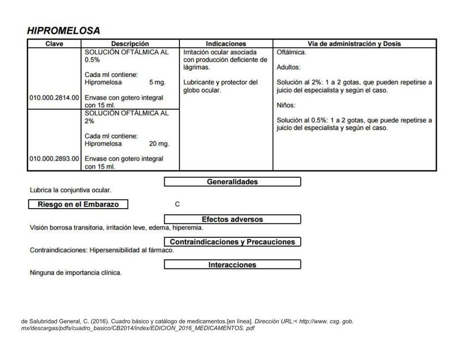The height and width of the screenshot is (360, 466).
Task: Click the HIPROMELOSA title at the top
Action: tap(64, 31)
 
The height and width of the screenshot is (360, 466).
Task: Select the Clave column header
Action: tap(55, 44)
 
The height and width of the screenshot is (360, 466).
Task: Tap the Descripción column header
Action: tap(130, 44)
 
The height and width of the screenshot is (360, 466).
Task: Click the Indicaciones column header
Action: tap(226, 44)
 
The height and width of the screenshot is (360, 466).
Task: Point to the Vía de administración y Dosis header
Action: tap(354, 44)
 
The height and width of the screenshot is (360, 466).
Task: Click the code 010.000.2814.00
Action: tap(55, 98)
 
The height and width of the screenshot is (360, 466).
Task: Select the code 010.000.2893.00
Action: tap(55, 159)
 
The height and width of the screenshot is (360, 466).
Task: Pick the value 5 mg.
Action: tap(157, 83)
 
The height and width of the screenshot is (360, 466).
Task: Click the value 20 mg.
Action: tap(159, 144)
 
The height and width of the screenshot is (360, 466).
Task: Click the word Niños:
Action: tap(286, 105)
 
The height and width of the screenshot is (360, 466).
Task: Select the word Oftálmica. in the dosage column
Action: tap(292, 52)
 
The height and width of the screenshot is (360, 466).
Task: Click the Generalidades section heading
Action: tap(232, 182)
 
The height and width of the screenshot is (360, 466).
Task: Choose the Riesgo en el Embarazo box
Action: tap(78, 205)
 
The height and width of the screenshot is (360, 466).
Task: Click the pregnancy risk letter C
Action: tap(178, 205)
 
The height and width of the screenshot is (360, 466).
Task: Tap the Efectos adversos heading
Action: tap(232, 219)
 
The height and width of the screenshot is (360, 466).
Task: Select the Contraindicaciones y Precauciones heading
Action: tap(232, 242)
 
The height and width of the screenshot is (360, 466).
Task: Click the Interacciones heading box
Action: tap(232, 265)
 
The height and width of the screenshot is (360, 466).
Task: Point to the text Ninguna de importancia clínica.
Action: tap(75, 273)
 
